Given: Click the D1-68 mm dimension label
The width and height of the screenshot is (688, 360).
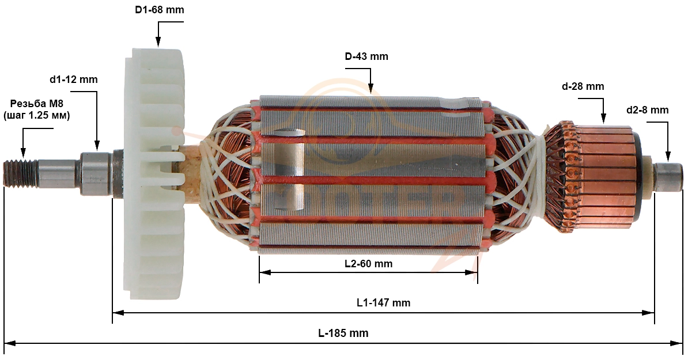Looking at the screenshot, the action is click(x=159, y=10).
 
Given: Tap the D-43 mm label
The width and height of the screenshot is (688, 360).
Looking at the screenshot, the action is click(x=366, y=56).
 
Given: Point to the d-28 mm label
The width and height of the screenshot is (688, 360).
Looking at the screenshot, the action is click(x=583, y=86).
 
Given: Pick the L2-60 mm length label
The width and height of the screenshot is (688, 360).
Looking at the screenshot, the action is click(x=369, y=264).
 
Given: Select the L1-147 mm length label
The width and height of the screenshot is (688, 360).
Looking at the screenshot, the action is click(x=384, y=302).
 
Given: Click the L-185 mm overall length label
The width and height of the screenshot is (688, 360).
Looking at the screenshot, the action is click(x=343, y=333).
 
